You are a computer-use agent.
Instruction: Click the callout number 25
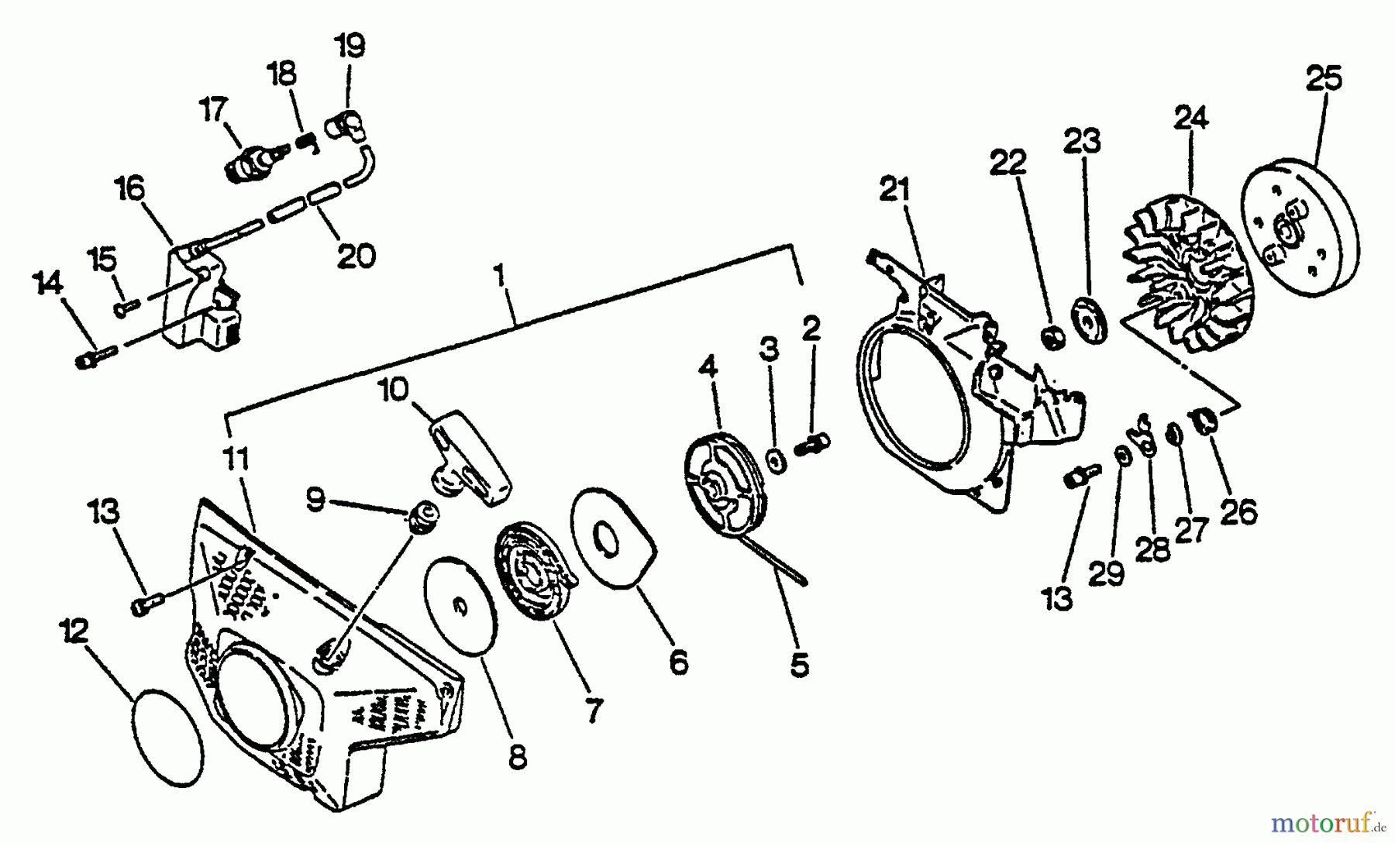[x=1324, y=78]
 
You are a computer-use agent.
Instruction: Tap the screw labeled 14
[x=95, y=358]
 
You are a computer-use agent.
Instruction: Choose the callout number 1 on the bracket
[x=500, y=275]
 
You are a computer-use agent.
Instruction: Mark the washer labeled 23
[x=1090, y=318]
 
